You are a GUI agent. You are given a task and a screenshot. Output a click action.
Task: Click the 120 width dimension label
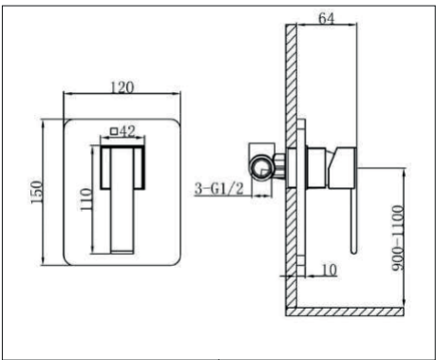coord(123,87)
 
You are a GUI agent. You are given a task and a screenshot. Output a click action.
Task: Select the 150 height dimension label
coord(36,192)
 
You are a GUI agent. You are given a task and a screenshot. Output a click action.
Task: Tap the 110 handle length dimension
coord(85,199)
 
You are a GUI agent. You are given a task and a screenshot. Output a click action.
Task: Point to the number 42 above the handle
coord(128,130)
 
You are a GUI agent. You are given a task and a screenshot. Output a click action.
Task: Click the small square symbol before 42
coord(114,131)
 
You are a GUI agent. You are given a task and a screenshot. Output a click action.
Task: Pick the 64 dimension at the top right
coord(326,18)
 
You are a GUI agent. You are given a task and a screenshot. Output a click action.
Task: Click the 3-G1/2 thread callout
coord(219,189)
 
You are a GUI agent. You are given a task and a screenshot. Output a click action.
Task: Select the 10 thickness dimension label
coord(330,270)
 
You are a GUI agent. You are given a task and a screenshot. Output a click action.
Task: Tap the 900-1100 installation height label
coord(398,237)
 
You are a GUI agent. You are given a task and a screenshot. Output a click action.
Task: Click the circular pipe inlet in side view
coord(261,168)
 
